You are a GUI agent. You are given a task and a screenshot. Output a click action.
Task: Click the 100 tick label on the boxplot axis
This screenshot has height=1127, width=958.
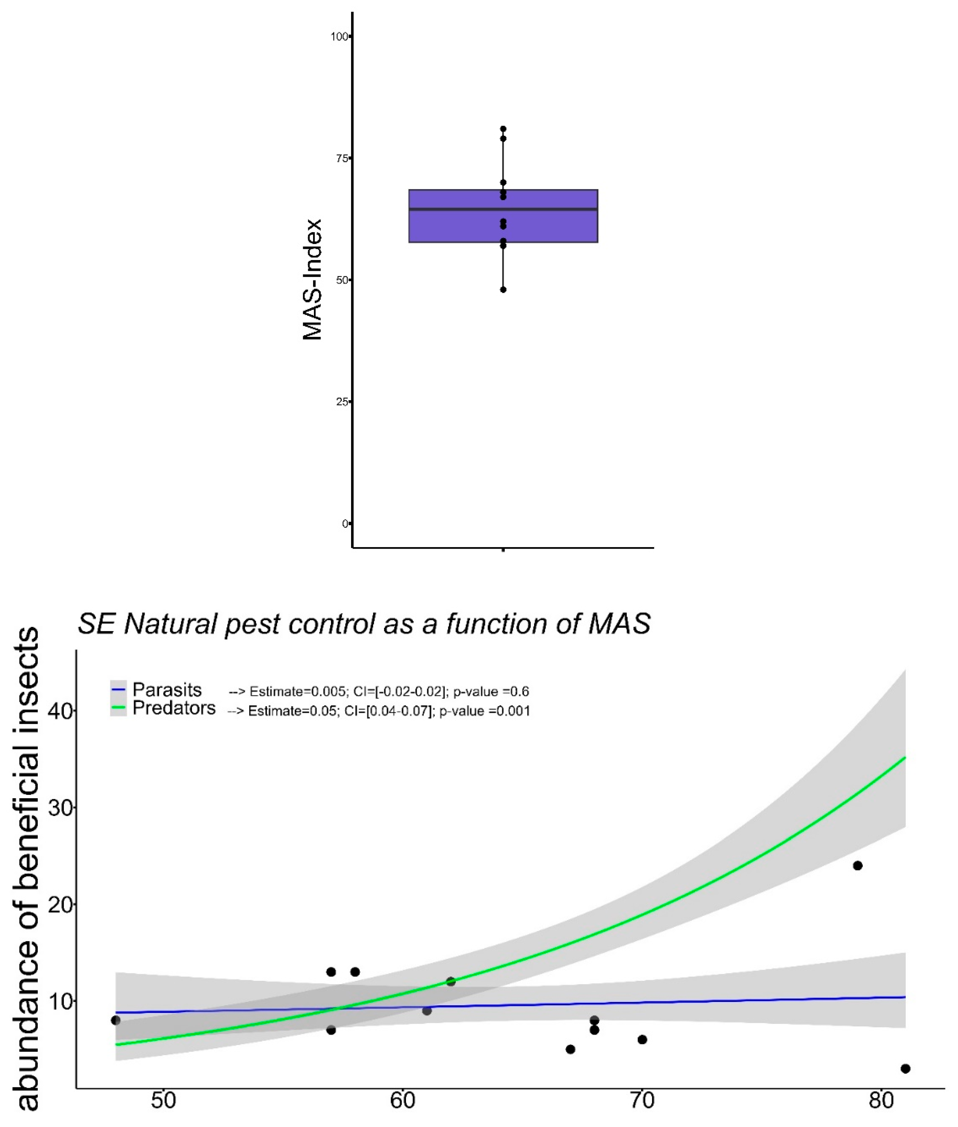point(339,37)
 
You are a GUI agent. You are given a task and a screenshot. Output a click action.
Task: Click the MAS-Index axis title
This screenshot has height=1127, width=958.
point(312,280)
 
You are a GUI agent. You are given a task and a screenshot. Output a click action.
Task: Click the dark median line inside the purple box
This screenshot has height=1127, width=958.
point(503,209)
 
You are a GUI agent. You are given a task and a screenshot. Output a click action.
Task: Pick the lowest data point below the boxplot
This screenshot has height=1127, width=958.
point(503,289)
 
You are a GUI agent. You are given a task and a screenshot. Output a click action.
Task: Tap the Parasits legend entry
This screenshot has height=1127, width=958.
point(167,690)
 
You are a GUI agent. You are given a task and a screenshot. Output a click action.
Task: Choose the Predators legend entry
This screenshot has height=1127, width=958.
point(174,708)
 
